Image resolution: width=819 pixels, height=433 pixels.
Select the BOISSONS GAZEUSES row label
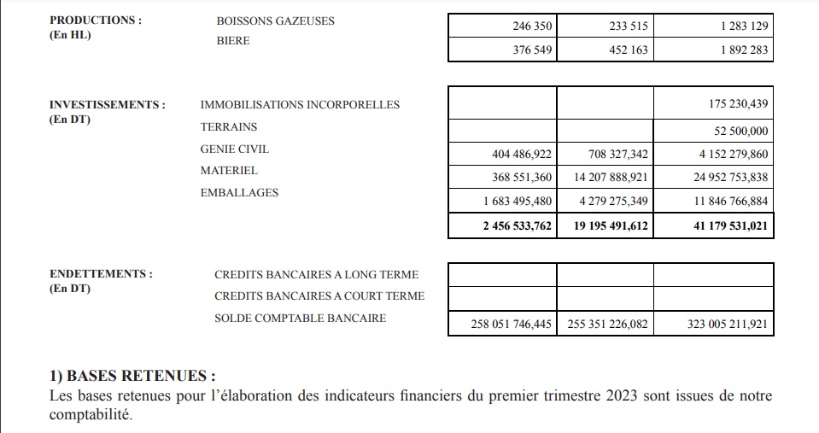276,20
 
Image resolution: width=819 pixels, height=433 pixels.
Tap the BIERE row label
233,40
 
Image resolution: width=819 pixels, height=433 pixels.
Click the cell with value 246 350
531,26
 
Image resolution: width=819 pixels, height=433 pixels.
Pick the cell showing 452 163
627,50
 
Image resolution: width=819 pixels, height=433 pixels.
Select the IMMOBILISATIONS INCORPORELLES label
300,105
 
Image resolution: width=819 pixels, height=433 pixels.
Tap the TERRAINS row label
228,127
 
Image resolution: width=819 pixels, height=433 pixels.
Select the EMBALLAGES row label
239,193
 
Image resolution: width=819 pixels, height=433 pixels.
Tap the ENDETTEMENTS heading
101,274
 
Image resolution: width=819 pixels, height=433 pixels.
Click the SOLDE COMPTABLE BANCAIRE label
300,319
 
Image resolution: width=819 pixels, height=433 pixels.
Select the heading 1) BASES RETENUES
132,376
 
